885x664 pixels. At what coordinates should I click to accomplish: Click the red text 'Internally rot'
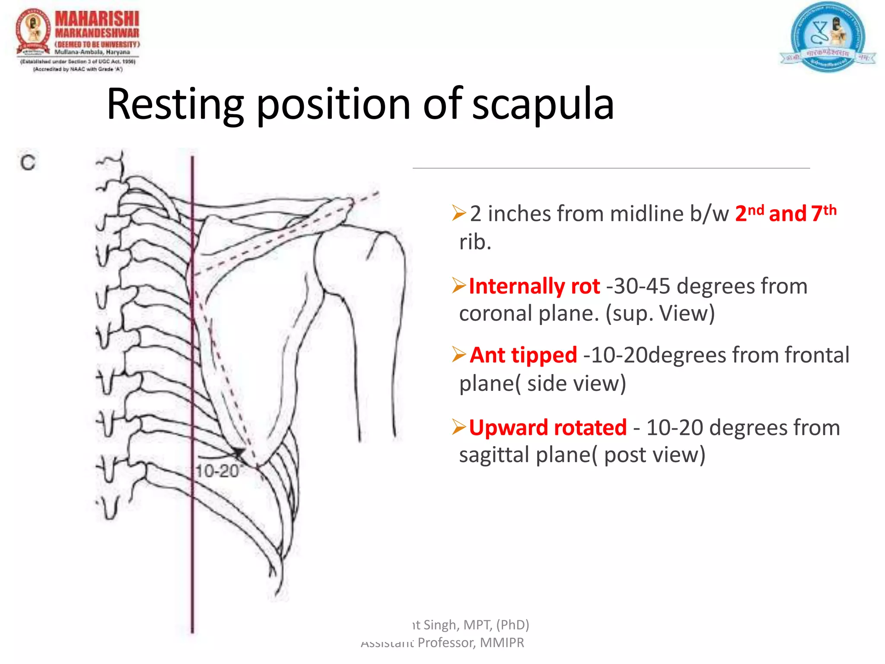pos(535,286)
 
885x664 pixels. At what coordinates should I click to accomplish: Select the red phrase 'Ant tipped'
pos(523,355)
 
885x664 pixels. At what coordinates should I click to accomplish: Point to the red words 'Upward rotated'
pos(548,428)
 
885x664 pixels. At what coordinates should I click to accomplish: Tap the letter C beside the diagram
pos(28,163)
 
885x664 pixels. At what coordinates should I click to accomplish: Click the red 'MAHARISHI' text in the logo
pos(97,19)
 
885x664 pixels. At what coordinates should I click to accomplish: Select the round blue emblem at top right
pos(827,37)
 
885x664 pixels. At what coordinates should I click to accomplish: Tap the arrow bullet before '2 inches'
pos(458,213)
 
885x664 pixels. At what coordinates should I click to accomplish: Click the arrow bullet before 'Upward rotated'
pos(458,427)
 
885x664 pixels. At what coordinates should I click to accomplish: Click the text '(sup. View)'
pos(660,313)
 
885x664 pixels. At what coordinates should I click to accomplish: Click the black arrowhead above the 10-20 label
pos(238,452)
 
